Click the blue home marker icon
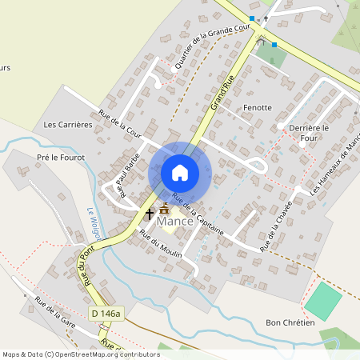click(x=180, y=172)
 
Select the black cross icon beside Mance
click(x=149, y=214)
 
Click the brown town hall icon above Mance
click(x=165, y=208)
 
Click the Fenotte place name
click(x=258, y=107)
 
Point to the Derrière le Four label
click(x=310, y=132)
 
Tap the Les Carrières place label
click(x=69, y=125)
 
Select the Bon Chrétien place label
click(x=290, y=322)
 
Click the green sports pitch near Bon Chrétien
click(x=323, y=301)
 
